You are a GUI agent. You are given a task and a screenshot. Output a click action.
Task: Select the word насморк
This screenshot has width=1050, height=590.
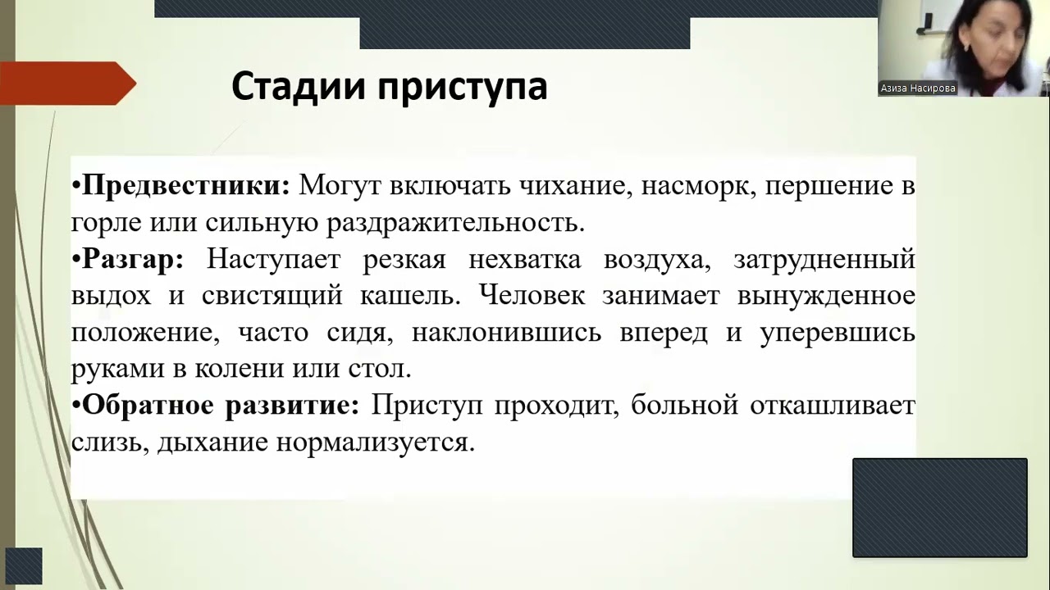point(702,186)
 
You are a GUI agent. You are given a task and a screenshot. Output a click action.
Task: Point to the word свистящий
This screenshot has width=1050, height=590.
point(272,296)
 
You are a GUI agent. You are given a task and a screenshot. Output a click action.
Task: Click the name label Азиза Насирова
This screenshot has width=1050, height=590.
point(918,88)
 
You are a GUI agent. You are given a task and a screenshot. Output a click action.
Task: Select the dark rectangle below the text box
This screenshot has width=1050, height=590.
point(939,507)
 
